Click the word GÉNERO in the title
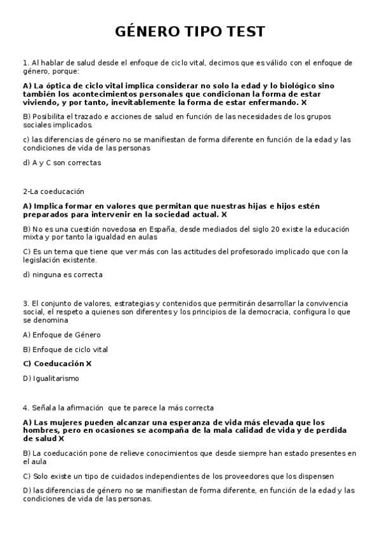tap(147, 32)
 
